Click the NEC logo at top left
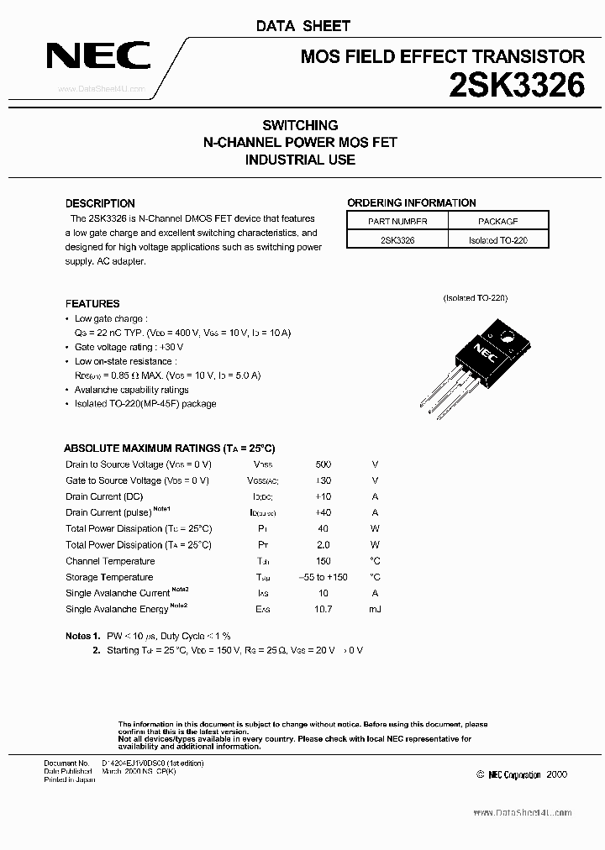point(98,58)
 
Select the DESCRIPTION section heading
point(100,203)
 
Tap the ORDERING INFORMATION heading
point(412,202)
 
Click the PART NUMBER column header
point(397,222)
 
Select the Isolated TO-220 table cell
point(497,239)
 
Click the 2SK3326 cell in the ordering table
point(397,239)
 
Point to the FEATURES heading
point(92,303)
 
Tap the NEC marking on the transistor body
point(485,348)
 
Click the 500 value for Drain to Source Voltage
point(323,464)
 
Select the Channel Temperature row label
point(110,561)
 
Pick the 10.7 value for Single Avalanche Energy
point(323,609)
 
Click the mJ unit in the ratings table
point(375,609)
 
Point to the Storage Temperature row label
point(109,577)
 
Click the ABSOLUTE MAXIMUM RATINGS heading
point(170,449)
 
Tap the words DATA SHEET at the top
point(302,26)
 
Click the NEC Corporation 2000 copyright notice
point(521,774)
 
